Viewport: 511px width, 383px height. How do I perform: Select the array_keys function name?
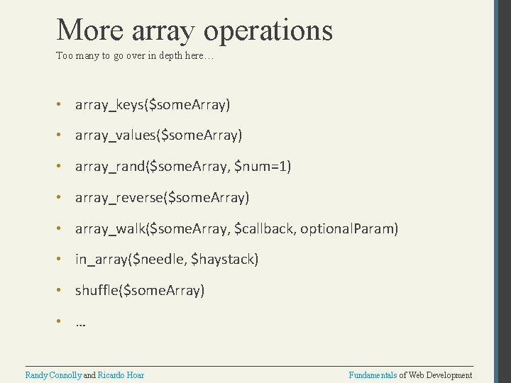109,105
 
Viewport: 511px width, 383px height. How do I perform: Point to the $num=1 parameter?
263,166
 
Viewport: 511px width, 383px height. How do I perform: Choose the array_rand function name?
109,166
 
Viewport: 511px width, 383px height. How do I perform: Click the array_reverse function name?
119,197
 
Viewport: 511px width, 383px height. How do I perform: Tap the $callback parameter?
268,228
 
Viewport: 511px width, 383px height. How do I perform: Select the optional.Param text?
354,228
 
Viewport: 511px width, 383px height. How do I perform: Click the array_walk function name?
109,228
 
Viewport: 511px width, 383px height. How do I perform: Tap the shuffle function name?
97,290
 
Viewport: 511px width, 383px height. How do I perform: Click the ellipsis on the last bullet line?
80,323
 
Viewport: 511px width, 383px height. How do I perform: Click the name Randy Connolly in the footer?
53,374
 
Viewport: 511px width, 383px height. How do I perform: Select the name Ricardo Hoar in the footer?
121,374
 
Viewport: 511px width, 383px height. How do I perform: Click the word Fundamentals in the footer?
373,374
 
